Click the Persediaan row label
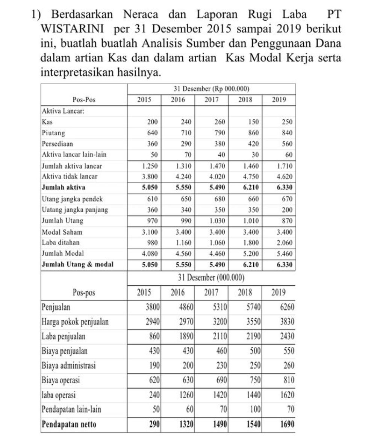pos(57,144)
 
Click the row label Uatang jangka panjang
pos(75,209)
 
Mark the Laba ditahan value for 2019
pos(285,243)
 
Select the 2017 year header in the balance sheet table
pos(211,100)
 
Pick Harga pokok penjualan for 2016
pos(186,322)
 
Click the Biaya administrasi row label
pos(68,366)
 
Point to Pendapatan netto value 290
pos(154,424)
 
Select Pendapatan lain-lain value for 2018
pos(256,410)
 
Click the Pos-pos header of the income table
pos(84,292)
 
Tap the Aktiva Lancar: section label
pos(58,111)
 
